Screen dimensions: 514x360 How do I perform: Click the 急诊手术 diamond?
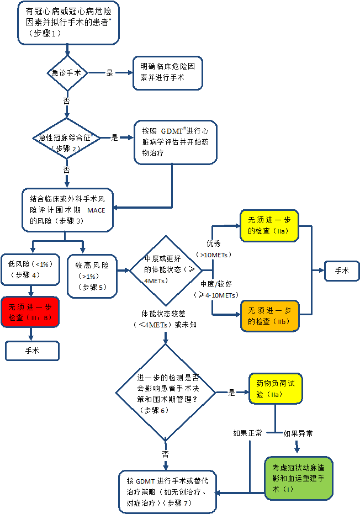point(67,72)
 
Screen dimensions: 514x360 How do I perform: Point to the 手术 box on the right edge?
point(342,271)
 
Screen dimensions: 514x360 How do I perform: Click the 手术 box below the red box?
point(31,351)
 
